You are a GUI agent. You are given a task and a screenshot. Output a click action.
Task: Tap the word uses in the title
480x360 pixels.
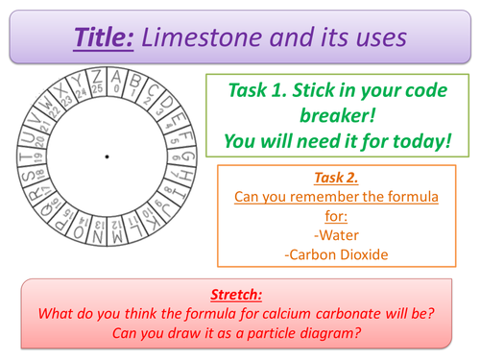pyautogui.click(x=374, y=37)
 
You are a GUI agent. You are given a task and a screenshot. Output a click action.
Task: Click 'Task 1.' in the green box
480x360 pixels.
pyautogui.click(x=264, y=91)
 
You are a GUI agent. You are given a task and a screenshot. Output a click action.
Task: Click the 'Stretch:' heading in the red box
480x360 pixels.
pyautogui.click(x=239, y=296)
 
